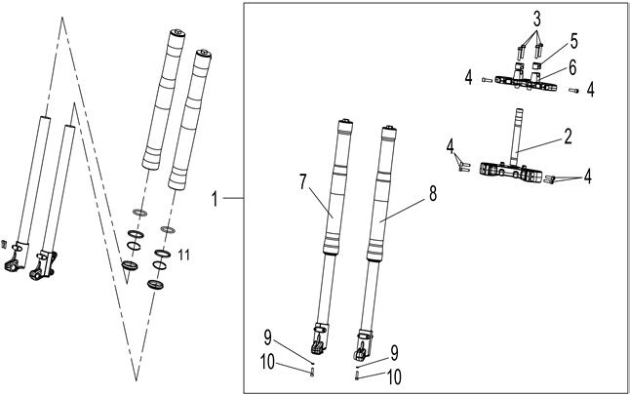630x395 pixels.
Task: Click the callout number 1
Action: coord(217,199)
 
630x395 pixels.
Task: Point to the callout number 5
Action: coord(573,42)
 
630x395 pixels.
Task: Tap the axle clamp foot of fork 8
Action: coord(366,343)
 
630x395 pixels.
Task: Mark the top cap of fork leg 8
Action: coord(391,131)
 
